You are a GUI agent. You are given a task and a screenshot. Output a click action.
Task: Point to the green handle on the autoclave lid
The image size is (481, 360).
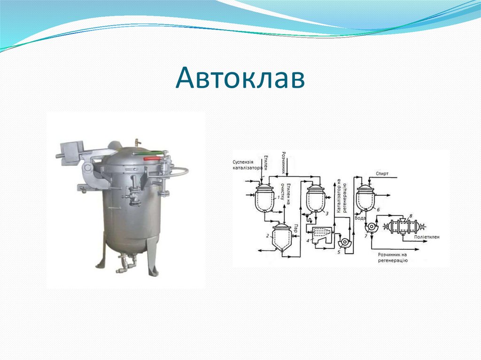[x=150, y=152]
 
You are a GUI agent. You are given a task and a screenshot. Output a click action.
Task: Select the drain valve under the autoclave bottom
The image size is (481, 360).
[x=124, y=263]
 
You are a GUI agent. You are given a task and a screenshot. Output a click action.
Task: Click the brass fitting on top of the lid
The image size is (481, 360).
[x=136, y=142]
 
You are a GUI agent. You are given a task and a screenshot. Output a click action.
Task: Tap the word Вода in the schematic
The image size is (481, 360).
[x=360, y=217]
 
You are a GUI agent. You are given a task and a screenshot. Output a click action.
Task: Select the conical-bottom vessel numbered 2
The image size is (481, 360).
[x=281, y=237]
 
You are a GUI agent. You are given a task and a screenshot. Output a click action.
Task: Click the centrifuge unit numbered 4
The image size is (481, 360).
[x=318, y=233]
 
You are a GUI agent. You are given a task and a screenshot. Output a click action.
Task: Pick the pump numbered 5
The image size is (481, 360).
[x=343, y=242]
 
